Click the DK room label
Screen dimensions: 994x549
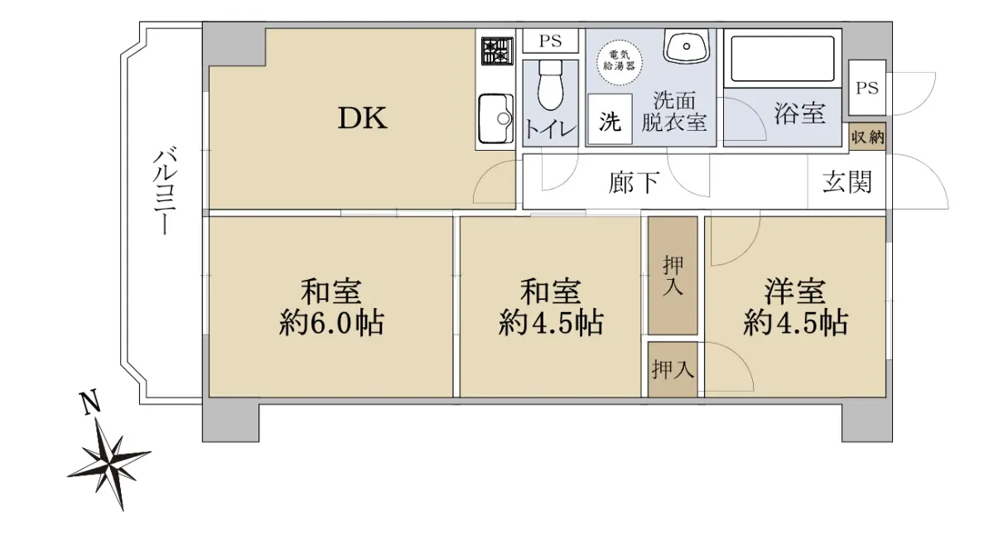pyautogui.click(x=363, y=118)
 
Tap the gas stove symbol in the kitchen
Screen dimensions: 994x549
pyautogui.click(x=497, y=51)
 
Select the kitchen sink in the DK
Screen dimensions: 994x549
pyautogui.click(x=496, y=118)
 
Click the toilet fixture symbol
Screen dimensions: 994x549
pyautogui.click(x=550, y=84)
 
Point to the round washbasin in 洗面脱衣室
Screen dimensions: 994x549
pyautogui.click(x=686, y=46)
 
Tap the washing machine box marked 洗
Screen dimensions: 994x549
pyautogui.click(x=610, y=119)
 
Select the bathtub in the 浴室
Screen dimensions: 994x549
pyautogui.click(x=782, y=59)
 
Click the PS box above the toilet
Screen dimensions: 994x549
pyautogui.click(x=550, y=41)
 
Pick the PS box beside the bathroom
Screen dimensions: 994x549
pyautogui.click(x=867, y=88)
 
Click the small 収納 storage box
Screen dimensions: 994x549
pyautogui.click(x=867, y=137)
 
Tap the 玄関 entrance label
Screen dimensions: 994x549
pyautogui.click(x=847, y=182)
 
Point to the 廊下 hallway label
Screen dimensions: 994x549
pyautogui.click(x=634, y=182)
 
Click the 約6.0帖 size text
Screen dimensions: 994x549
pyautogui.click(x=331, y=323)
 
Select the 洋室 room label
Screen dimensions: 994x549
pyautogui.click(x=794, y=291)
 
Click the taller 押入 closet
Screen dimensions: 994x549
pyautogui.click(x=673, y=276)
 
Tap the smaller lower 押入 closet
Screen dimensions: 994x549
pyautogui.click(x=673, y=369)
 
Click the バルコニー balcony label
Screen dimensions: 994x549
pyautogui.click(x=165, y=192)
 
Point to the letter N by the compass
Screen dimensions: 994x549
pyautogui.click(x=90, y=403)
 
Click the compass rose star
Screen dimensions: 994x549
pyautogui.click(x=110, y=464)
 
